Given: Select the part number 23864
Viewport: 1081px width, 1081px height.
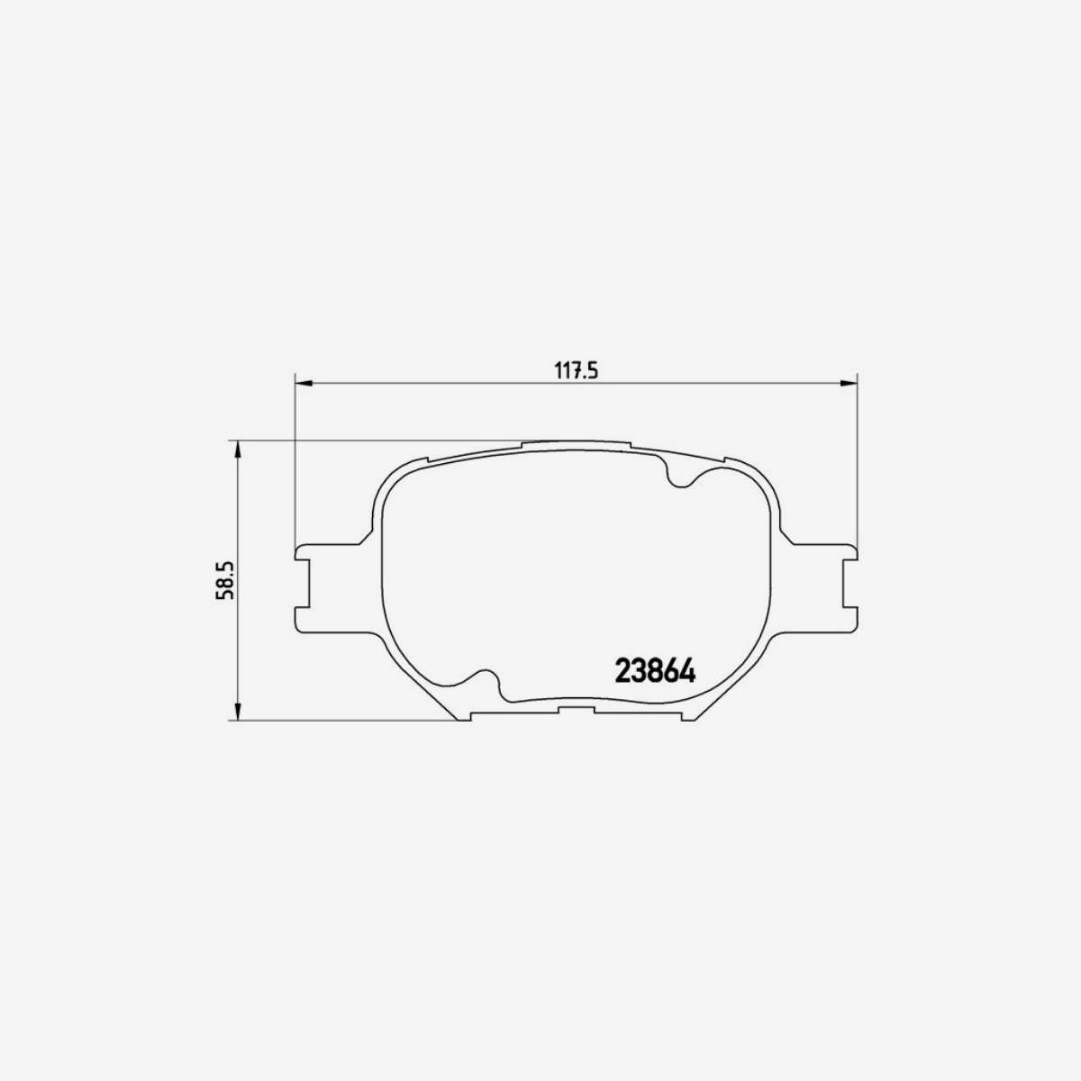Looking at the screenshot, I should (654, 671).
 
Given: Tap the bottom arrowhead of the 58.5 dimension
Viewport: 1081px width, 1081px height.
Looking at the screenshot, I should (237, 713).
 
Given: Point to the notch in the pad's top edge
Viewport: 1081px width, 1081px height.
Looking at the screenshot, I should (679, 473).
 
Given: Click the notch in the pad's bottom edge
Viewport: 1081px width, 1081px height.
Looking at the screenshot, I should (487, 685).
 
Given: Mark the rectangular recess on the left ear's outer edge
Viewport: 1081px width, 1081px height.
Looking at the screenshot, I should (303, 585).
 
